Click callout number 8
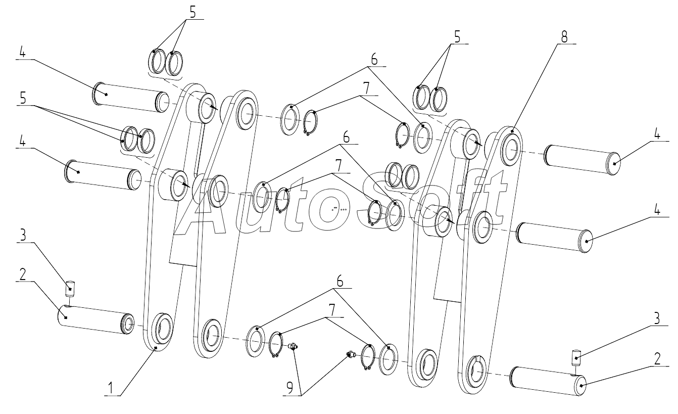[564, 37]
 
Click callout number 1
[111, 388]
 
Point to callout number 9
[289, 388]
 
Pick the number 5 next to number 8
[457, 37]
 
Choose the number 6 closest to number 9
[340, 282]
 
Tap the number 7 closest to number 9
[332, 310]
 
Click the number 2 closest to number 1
[23, 274]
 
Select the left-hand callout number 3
[23, 235]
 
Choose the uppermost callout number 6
[374, 59]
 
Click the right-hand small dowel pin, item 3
[576, 358]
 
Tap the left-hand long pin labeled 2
[95, 319]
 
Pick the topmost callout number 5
[193, 12]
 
